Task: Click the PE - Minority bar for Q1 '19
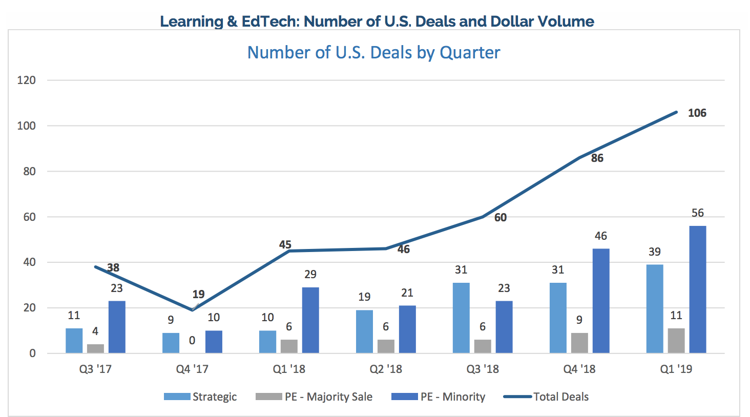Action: pyautogui.click(x=697, y=289)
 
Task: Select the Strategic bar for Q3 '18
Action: pyautogui.click(x=461, y=318)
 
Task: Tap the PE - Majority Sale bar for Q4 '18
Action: pyautogui.click(x=579, y=343)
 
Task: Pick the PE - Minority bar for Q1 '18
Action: pyautogui.click(x=310, y=320)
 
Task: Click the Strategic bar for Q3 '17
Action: pyautogui.click(x=74, y=341)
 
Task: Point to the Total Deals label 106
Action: pyautogui.click(x=697, y=113)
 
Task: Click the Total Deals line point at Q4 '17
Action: pyautogui.click(x=192, y=310)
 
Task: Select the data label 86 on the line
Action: pyautogui.click(x=597, y=158)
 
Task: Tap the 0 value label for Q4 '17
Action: pyautogui.click(x=192, y=340)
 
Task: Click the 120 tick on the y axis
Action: pyautogui.click(x=26, y=80)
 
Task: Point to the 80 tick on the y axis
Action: pyautogui.click(x=29, y=172)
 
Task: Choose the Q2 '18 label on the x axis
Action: pyautogui.click(x=386, y=369)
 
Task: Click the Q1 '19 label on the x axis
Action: pyautogui.click(x=676, y=369)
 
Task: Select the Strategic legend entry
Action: pyautogui.click(x=200, y=397)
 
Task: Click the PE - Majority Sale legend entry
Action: pyautogui.click(x=314, y=397)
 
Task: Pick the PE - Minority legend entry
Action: pyautogui.click(x=439, y=397)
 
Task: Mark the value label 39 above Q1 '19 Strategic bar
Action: pyautogui.click(x=654, y=252)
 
